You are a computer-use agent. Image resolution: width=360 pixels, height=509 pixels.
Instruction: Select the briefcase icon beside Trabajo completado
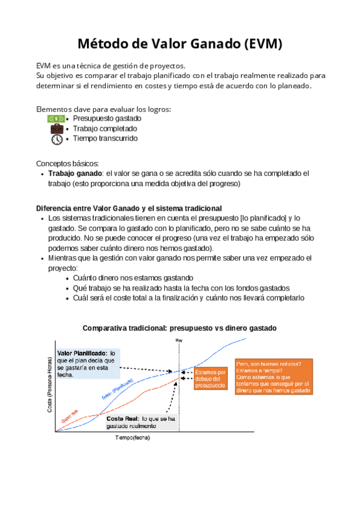coord(57,128)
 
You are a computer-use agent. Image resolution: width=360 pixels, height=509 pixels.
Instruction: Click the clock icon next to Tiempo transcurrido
coord(57,139)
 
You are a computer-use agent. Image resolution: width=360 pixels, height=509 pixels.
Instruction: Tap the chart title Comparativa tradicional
coord(179,328)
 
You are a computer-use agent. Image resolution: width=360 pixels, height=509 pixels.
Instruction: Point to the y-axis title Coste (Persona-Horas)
coord(49,384)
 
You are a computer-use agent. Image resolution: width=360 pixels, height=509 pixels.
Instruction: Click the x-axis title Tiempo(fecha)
coord(133,438)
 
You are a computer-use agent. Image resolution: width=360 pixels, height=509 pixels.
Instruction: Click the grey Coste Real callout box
coord(141,421)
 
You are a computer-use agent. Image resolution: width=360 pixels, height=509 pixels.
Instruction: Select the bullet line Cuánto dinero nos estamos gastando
coord(133,278)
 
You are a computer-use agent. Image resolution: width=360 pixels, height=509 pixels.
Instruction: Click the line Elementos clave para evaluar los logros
coord(104,109)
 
